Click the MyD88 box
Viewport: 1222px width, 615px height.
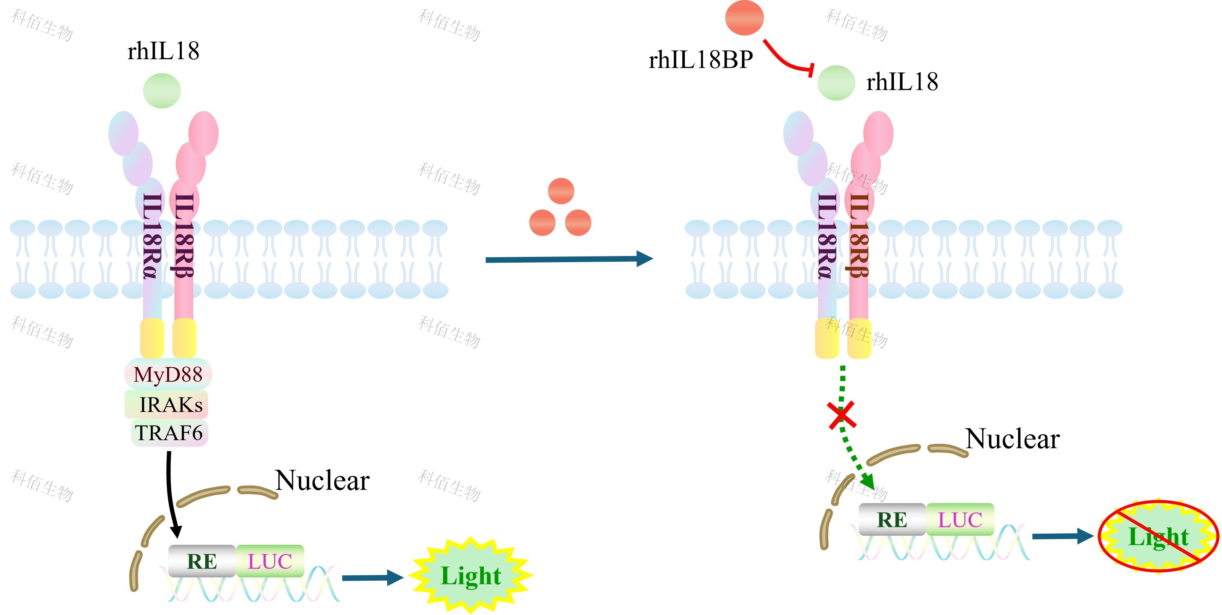[x=168, y=374]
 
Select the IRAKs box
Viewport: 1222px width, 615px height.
[x=167, y=404]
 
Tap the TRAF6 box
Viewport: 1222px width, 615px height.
[x=170, y=432]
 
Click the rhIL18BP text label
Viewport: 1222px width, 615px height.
[x=701, y=60]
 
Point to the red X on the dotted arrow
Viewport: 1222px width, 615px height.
[x=842, y=415]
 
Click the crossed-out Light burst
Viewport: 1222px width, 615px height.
[x=1158, y=536]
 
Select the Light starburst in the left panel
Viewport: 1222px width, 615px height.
[x=471, y=576]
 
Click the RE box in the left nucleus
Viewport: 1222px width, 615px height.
[x=202, y=562]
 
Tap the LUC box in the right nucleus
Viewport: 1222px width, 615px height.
[x=960, y=520]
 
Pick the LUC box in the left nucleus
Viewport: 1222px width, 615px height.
[x=270, y=562]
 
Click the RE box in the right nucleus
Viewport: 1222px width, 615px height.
[x=892, y=520]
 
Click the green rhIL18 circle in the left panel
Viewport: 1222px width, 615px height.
[x=162, y=91]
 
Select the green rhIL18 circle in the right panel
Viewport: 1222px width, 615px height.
[x=836, y=83]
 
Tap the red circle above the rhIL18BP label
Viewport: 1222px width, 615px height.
[x=744, y=18]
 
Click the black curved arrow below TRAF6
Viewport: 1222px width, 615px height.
[x=170, y=493]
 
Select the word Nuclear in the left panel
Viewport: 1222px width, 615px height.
[x=322, y=480]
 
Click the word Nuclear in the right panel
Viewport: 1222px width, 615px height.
[x=1012, y=439]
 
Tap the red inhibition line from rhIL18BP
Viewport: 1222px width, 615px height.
[x=787, y=61]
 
